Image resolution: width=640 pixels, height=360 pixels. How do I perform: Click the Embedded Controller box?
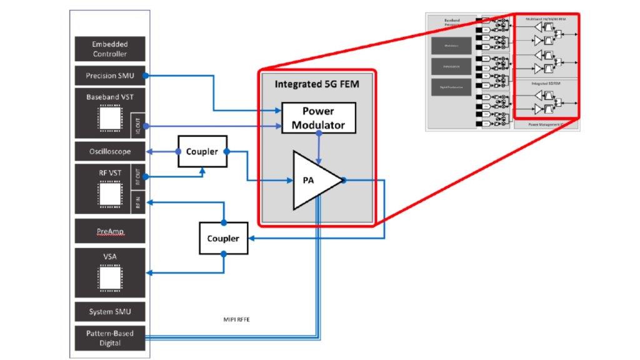point(110,49)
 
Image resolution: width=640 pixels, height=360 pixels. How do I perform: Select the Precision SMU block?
point(110,76)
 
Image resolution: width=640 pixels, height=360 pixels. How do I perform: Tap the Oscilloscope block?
point(110,151)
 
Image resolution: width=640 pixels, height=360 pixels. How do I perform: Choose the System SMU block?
point(110,311)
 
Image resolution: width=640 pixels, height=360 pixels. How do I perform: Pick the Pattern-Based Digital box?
point(110,338)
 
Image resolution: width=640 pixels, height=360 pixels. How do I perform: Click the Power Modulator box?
point(319,117)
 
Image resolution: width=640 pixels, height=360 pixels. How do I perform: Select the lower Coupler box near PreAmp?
point(223,238)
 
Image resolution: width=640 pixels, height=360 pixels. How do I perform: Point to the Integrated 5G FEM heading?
point(318,84)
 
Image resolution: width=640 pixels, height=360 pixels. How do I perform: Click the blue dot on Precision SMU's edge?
point(146,76)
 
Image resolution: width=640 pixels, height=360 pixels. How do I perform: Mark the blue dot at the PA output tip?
point(344,180)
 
